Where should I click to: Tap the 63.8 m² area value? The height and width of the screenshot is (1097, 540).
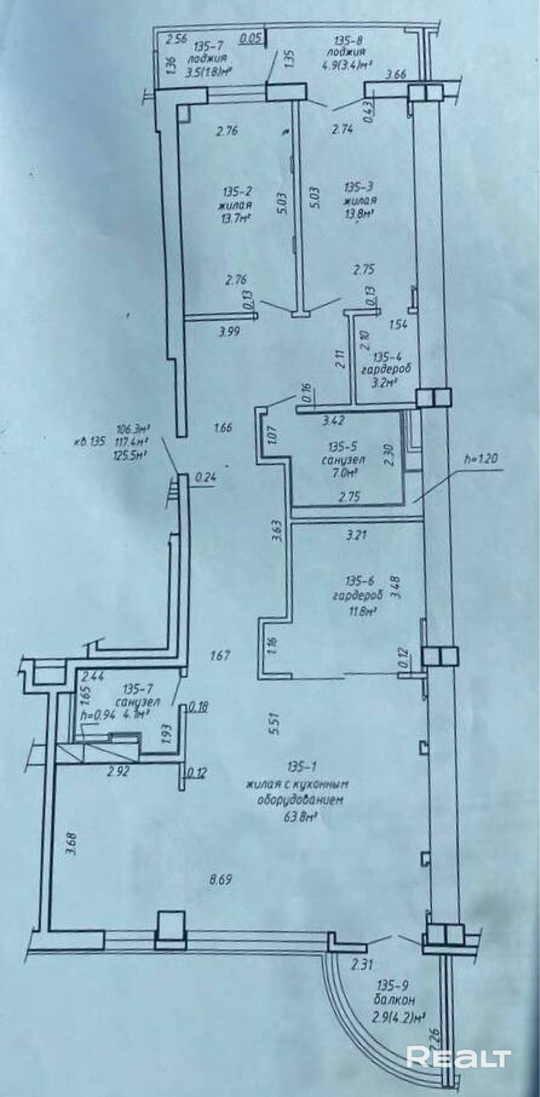(x=298, y=816)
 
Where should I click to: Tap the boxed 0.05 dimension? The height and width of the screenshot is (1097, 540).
(x=252, y=38)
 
